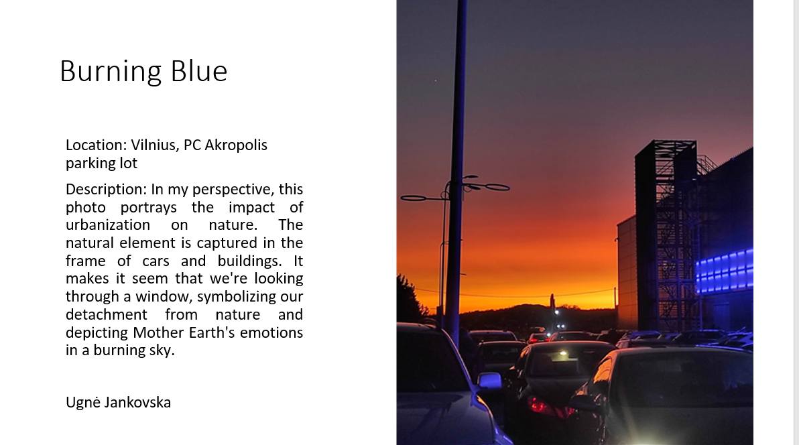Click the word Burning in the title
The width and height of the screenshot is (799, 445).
[111, 71]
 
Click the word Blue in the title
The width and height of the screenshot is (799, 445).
[198, 71]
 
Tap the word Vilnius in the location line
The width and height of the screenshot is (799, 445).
[153, 145]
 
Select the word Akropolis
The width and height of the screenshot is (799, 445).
[236, 145]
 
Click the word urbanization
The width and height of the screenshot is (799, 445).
[108, 225]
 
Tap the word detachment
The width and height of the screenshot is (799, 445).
[107, 314]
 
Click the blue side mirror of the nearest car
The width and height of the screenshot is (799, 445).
[489, 380]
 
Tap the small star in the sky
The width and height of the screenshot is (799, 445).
[435, 80]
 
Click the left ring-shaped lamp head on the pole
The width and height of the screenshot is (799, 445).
[414, 198]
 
